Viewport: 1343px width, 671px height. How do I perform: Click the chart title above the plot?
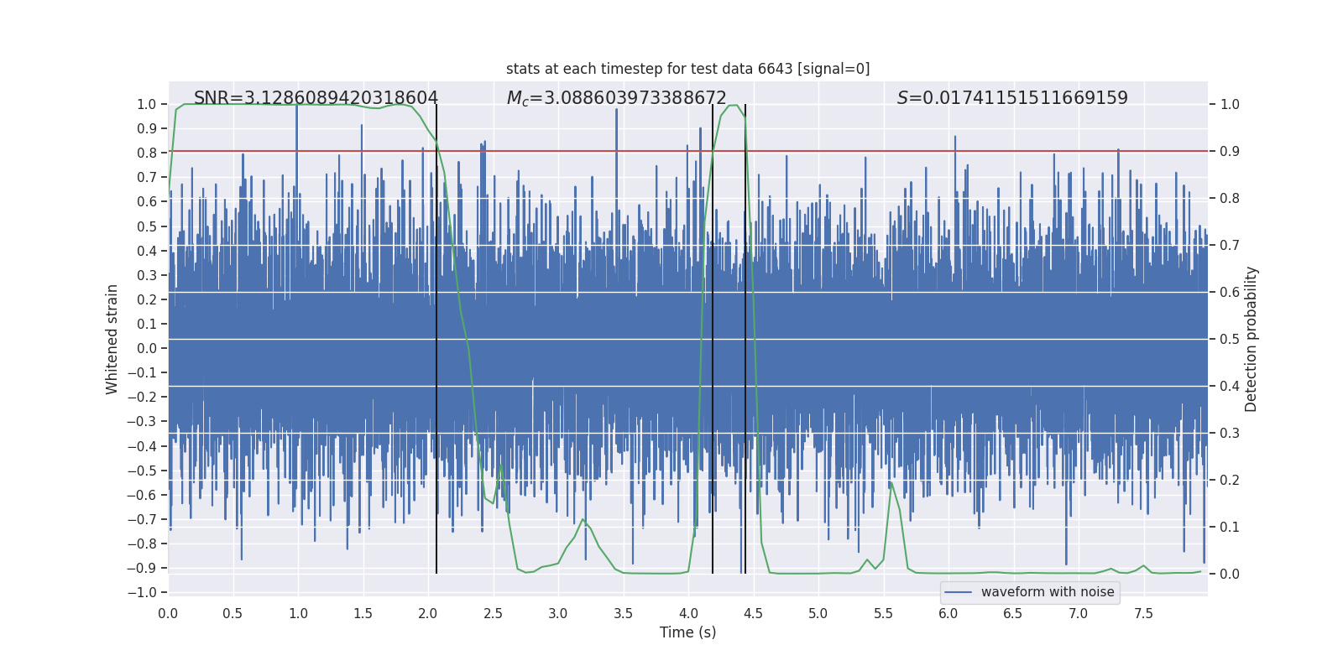click(687, 69)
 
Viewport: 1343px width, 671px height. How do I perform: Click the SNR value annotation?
click(316, 98)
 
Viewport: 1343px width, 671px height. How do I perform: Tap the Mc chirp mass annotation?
click(616, 98)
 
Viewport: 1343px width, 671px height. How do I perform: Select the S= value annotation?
click(1012, 98)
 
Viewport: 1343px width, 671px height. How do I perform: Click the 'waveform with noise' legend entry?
click(1047, 592)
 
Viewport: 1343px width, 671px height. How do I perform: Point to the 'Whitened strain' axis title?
click(112, 339)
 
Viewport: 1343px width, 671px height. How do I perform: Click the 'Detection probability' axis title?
click(1252, 339)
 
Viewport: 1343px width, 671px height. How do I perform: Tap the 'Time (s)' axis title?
click(687, 632)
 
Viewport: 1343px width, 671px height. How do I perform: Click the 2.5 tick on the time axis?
click(493, 614)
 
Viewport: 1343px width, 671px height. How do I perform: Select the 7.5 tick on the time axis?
click(1143, 614)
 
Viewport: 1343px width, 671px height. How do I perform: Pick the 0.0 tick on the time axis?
click(168, 614)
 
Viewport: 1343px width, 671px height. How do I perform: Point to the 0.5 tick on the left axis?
click(147, 226)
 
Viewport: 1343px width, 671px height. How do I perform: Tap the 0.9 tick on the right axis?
click(1230, 152)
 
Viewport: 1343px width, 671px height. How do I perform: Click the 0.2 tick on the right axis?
click(1230, 481)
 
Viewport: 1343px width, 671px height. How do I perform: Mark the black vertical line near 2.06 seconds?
click(436, 335)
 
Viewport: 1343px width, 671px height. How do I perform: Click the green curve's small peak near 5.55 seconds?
click(891, 484)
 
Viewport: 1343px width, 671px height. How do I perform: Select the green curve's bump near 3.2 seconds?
click(583, 519)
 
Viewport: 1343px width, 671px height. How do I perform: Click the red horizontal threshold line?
click(839, 151)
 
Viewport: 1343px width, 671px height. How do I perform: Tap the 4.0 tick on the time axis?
click(688, 614)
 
